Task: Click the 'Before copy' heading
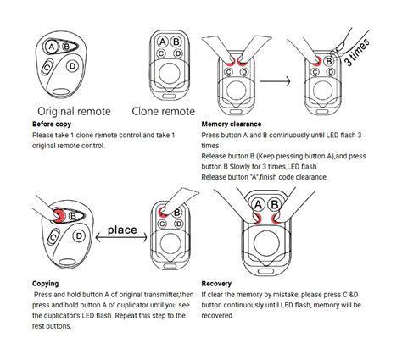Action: [52, 125]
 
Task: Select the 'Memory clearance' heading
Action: [232, 125]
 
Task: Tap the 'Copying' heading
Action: [46, 284]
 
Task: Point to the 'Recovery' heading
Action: [216, 284]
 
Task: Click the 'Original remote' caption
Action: [74, 111]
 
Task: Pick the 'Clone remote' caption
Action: [164, 111]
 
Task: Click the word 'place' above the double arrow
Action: [122, 230]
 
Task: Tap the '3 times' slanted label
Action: [357, 53]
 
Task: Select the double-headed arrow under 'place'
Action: [121, 237]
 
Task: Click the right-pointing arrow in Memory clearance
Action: [275, 81]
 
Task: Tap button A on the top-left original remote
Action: [52, 47]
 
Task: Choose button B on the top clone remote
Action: [176, 42]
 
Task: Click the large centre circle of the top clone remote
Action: [170, 73]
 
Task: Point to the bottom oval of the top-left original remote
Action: [62, 92]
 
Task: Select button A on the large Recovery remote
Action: [258, 205]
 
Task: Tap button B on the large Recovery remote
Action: [275, 204]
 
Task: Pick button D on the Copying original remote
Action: [79, 235]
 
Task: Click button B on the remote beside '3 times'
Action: [328, 61]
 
